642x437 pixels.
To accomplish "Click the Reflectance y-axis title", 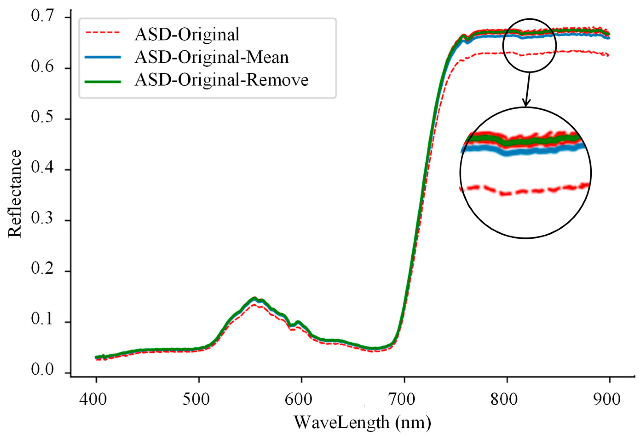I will click(14, 194).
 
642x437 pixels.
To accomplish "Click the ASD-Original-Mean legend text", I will click(212, 58).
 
